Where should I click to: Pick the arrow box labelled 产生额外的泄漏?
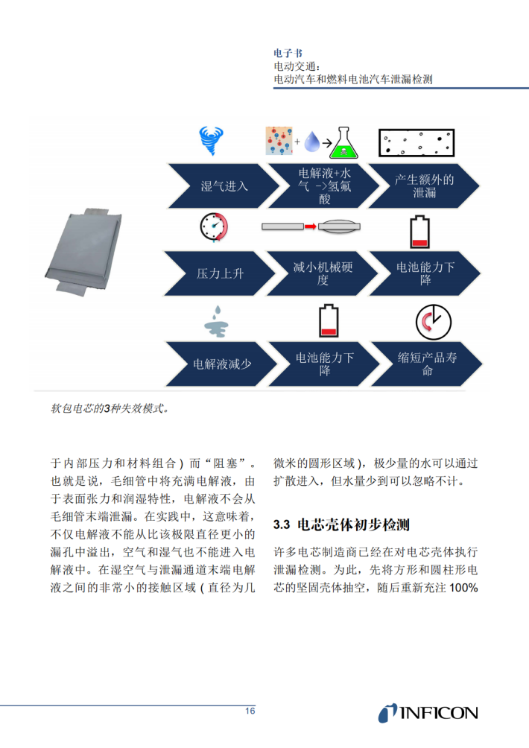(x=424, y=186)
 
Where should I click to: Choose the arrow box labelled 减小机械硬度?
(x=322, y=273)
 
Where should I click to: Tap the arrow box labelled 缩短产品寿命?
(x=426, y=364)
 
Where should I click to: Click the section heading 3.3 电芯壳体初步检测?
(x=341, y=524)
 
